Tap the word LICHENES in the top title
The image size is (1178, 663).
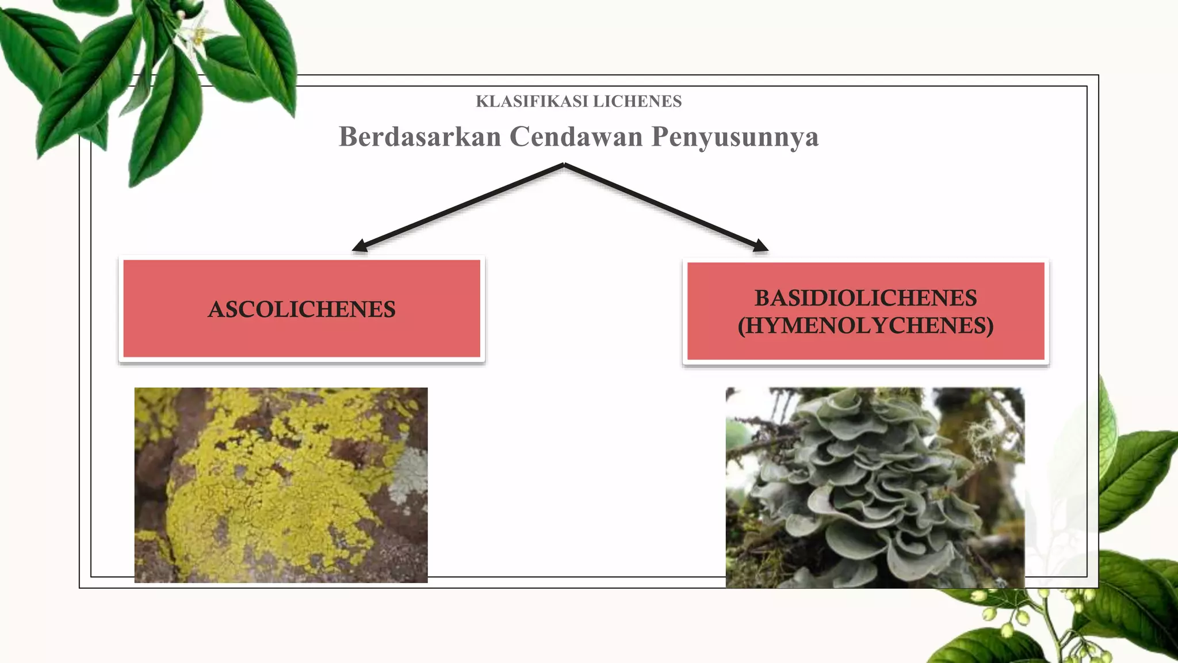pos(637,101)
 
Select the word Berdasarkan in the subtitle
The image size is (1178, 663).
pos(420,137)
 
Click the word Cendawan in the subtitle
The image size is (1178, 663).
pos(576,137)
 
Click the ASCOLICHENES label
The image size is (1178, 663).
pos(301,310)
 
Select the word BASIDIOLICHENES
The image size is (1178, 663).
pos(866,298)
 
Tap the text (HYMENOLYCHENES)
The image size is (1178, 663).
pos(866,326)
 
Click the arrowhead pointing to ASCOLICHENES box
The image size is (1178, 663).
pos(359,246)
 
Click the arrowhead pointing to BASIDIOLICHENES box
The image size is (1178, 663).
pos(760,246)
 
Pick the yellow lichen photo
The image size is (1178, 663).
pos(281,485)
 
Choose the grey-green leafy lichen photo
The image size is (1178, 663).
pos(874,487)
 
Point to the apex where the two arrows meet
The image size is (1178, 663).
pos(564,165)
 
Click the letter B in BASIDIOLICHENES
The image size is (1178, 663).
pos(762,298)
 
